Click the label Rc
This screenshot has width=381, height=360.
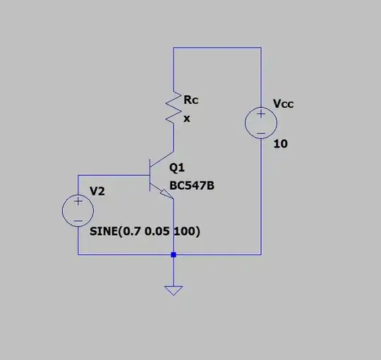[190, 101]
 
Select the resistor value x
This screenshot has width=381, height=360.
[187, 119]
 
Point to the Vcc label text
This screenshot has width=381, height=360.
[284, 104]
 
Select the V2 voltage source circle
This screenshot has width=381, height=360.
[78, 210]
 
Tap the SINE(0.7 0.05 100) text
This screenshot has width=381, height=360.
[145, 232]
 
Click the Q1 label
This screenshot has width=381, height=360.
[176, 168]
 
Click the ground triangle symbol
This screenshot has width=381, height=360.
[173, 290]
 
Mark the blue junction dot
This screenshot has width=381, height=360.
[173, 254]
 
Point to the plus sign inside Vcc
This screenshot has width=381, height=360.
[260, 114]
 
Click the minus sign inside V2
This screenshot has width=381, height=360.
[78, 219]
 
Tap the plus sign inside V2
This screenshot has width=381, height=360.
[78, 201]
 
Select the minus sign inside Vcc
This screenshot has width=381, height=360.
[260, 133]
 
